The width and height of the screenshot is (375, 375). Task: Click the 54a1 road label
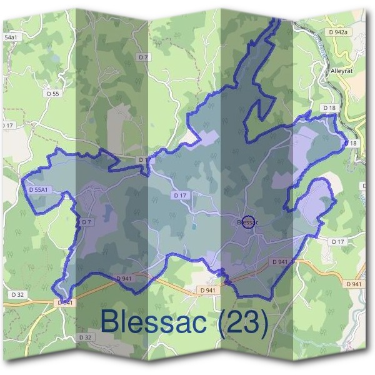(11, 37)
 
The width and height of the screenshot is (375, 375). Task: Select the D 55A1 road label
(38, 189)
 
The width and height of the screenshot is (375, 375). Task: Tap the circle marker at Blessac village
(247, 222)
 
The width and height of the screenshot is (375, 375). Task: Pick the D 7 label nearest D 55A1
(86, 222)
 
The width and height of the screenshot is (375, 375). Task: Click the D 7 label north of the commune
(145, 57)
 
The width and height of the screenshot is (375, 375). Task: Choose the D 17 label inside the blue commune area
(180, 196)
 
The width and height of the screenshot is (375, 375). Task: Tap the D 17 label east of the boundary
(337, 241)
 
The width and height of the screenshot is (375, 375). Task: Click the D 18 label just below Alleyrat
(329, 108)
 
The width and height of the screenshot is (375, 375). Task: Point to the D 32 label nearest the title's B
(86, 337)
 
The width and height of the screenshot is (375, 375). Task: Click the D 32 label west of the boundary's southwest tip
(17, 293)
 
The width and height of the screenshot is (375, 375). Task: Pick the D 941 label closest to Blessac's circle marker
(279, 261)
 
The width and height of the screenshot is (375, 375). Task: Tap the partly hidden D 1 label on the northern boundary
(143, 160)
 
